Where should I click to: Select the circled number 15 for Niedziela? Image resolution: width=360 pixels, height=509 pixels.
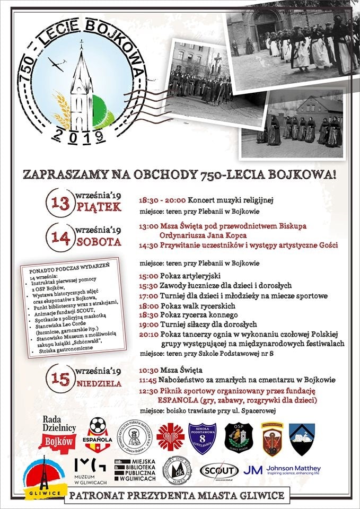[61, 378]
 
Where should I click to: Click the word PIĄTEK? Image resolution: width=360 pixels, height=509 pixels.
[100, 207]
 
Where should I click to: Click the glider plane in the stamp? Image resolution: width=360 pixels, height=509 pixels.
[57, 63]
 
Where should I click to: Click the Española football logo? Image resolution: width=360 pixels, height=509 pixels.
[98, 435]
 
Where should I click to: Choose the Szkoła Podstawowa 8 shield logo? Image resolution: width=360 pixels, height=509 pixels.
[203, 438]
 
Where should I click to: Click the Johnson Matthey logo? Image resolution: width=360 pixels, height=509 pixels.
[282, 470]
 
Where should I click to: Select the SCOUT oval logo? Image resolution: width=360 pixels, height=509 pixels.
[219, 470]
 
